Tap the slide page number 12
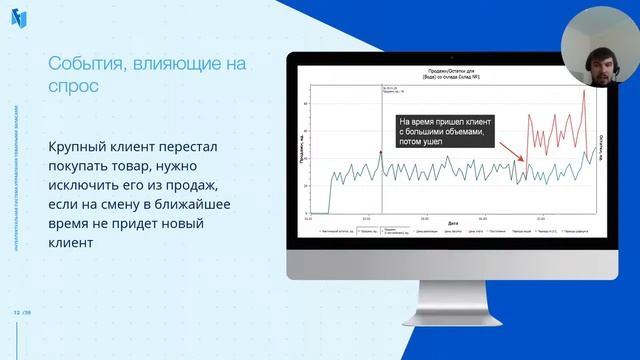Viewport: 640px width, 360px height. tap(16, 310)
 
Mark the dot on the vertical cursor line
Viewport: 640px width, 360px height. tap(381, 151)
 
